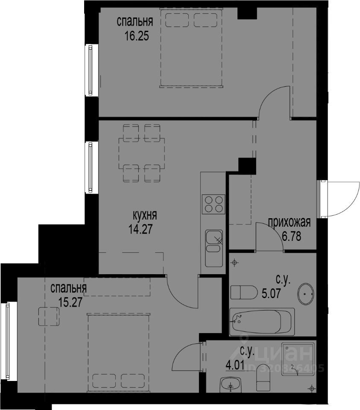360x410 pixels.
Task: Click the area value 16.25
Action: pyautogui.click(x=137, y=36)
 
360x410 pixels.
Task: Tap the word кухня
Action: pyautogui.click(x=145, y=215)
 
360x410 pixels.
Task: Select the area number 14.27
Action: pyautogui.click(x=140, y=229)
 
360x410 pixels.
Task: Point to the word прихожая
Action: pyautogui.click(x=290, y=223)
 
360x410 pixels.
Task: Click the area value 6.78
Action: pyautogui.click(x=292, y=236)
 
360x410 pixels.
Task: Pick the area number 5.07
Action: pyautogui.click(x=271, y=293)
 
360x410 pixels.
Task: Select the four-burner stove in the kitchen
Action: pyautogui.click(x=214, y=204)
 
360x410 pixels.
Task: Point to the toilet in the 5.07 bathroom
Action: pyautogui.click(x=244, y=292)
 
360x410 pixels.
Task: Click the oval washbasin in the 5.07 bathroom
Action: pyautogui.click(x=306, y=294)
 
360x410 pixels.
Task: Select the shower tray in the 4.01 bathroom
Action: pyautogui.click(x=298, y=359)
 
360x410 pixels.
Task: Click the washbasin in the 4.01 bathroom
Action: pyautogui.click(x=230, y=385)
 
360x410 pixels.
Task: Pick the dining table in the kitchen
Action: pyautogui.click(x=142, y=153)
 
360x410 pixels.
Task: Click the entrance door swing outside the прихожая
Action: pyautogui.click(x=343, y=199)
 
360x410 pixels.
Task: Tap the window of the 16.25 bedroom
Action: pyautogui.click(x=90, y=70)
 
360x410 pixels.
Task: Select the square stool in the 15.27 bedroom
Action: pyautogui.click(x=49, y=316)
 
